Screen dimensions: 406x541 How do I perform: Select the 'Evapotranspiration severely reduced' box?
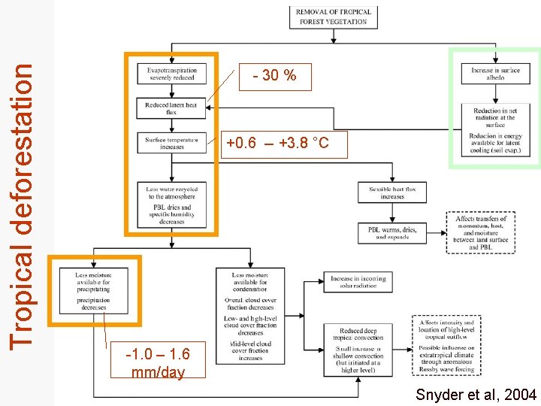171,73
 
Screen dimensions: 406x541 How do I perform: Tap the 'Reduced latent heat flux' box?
171,108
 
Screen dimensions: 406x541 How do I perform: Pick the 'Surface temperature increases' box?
171,143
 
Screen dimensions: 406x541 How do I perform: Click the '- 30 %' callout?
275,75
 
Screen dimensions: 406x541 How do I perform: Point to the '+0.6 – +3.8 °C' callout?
277,143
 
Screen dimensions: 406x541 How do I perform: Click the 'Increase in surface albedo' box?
495,74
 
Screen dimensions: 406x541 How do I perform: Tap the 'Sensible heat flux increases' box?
392,192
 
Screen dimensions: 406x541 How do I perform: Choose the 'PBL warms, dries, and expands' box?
392,232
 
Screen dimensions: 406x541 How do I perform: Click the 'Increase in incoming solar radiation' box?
358,281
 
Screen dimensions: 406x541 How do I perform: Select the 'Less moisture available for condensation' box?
250,315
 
